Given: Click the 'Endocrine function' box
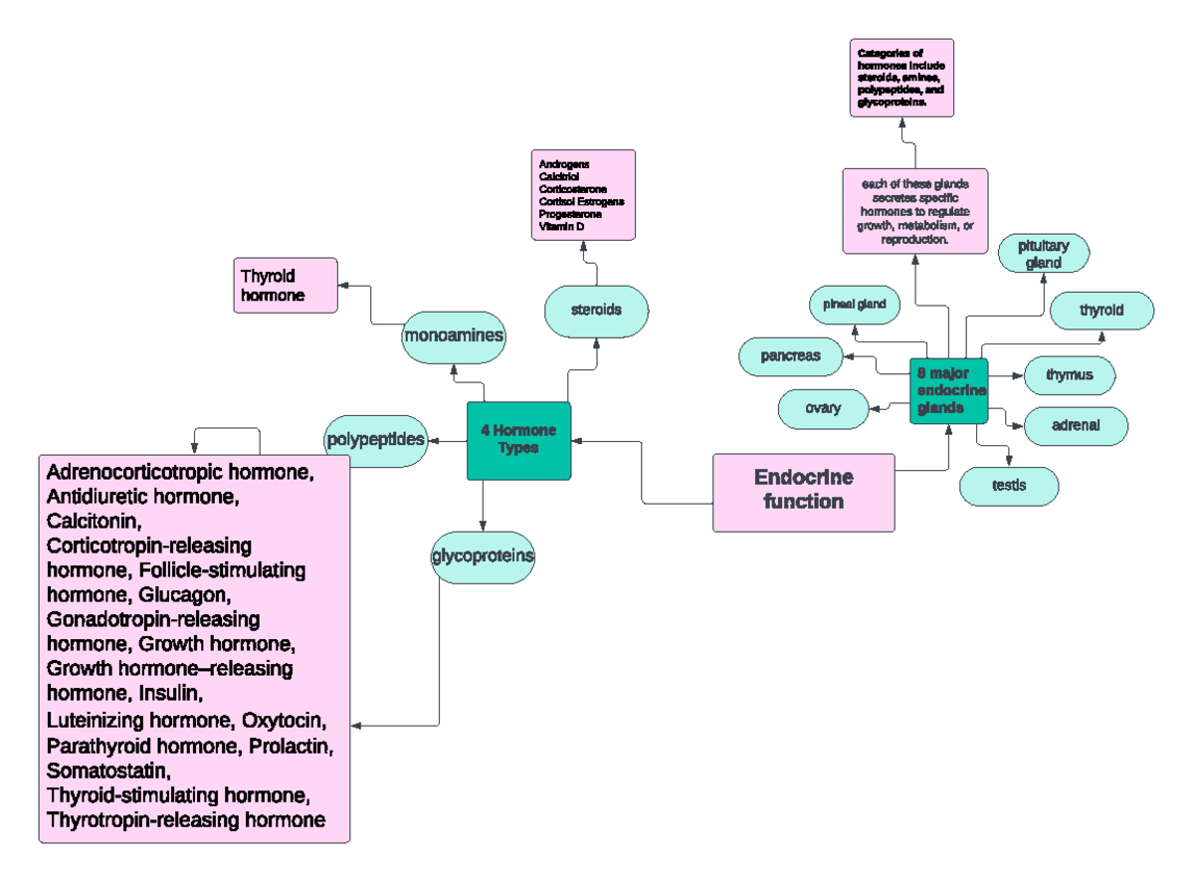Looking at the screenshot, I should tap(803, 491).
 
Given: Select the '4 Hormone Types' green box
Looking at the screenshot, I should tap(518, 440).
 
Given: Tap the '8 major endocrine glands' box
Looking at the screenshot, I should tap(949, 390).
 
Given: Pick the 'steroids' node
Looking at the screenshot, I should tap(596, 310).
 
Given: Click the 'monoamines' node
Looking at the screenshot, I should tap(453, 336).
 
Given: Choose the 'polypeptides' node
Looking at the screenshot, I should tap(375, 439).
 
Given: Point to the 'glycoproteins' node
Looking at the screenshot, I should tap(483, 556).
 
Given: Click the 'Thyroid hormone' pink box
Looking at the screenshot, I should tap(285, 286).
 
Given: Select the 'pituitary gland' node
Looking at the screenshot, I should tap(1044, 254).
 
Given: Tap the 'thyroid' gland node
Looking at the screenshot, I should tap(1101, 311).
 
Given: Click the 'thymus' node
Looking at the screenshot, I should tap(1069, 375).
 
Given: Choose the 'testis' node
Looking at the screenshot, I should tap(1008, 486).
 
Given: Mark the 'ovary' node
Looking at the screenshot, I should tap(823, 408).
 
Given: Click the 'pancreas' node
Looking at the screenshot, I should tap(790, 355).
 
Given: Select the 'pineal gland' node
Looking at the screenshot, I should tap(854, 303).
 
